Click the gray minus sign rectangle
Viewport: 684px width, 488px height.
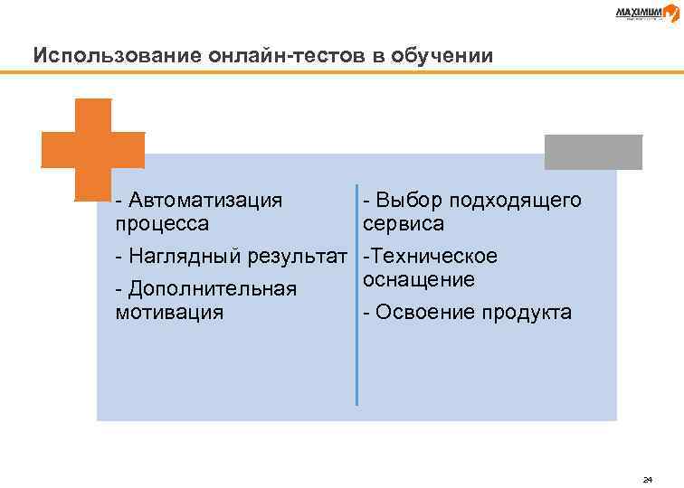[593, 152]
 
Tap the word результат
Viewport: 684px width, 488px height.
[298, 257]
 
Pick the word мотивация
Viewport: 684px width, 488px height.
[170, 313]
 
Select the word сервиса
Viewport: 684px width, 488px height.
[404, 222]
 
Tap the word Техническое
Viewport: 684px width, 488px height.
[432, 257]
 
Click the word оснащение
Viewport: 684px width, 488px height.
[419, 279]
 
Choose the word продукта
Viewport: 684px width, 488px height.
[527, 313]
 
